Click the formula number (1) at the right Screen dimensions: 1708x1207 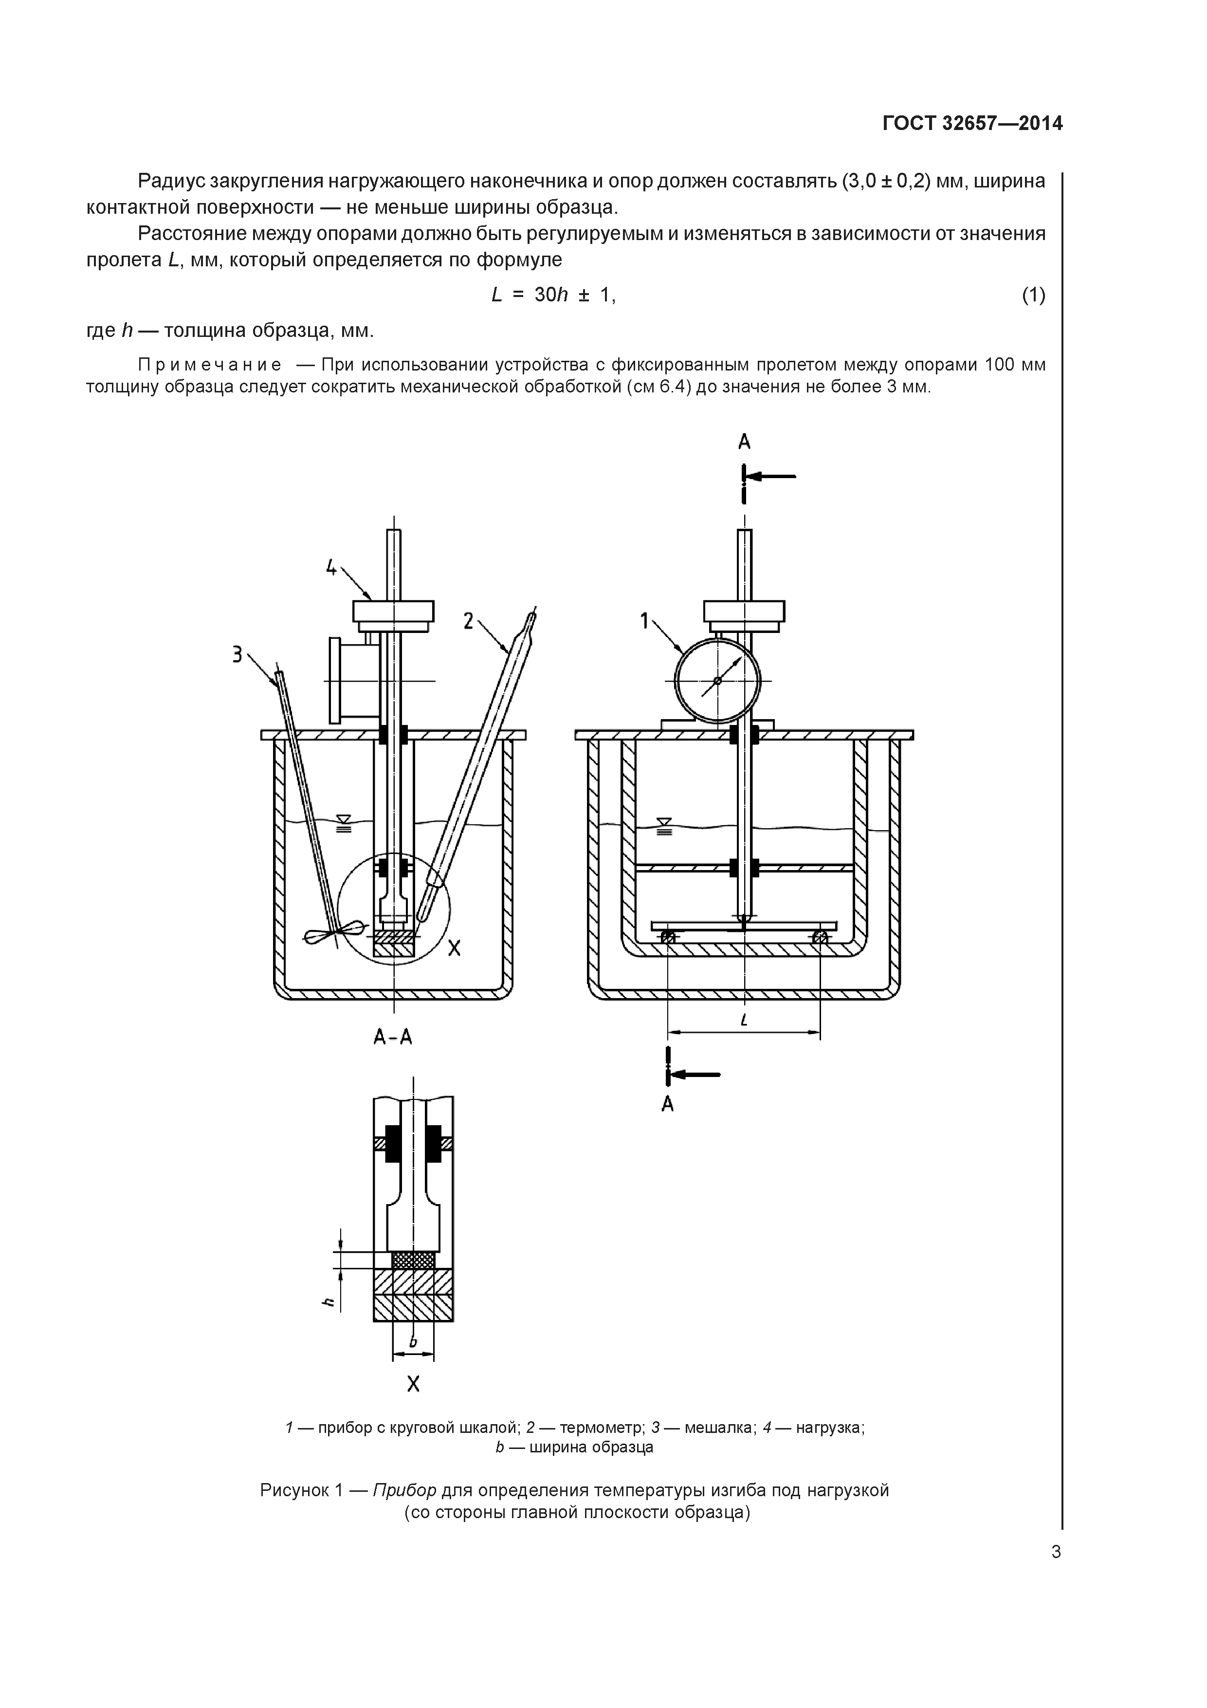click(x=1033, y=296)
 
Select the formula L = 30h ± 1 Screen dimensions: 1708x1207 click(x=553, y=296)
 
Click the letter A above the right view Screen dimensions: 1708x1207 click(x=744, y=442)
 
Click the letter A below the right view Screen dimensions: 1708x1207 click(x=667, y=1105)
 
